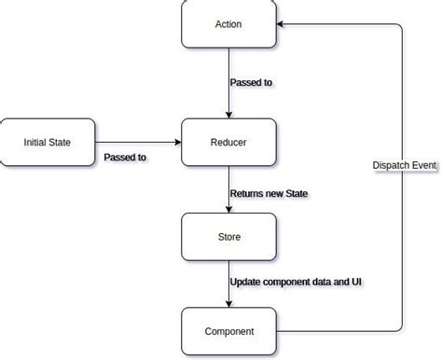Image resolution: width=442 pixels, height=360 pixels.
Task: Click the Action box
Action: click(228, 24)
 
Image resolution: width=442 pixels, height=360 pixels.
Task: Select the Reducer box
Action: click(228, 143)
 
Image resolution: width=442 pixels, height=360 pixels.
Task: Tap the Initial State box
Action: click(48, 143)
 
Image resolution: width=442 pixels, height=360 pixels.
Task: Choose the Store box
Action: click(228, 237)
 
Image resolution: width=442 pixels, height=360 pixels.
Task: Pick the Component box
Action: click(228, 331)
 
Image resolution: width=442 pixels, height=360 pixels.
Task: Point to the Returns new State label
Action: click(269, 194)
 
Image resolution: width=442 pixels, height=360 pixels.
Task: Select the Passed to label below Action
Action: click(251, 83)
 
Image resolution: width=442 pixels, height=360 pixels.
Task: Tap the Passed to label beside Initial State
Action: click(125, 158)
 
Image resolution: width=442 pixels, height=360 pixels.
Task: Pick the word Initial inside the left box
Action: click(37, 143)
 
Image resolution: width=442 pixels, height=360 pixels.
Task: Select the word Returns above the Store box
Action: click(247, 194)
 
